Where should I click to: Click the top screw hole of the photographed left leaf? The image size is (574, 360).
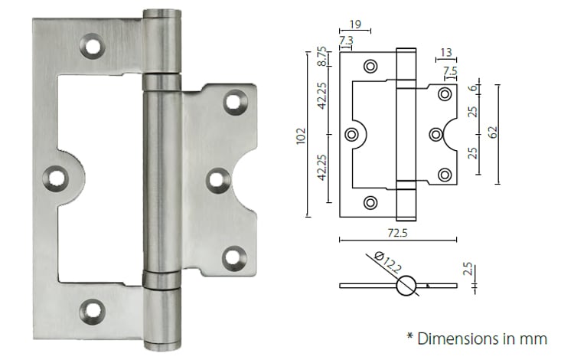tap(93, 47)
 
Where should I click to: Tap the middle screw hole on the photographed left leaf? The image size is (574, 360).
tap(55, 178)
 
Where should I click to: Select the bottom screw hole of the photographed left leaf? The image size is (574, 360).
tap(93, 310)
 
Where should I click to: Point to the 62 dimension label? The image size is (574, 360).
tap(493, 132)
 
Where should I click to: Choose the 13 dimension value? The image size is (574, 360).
tap(445, 53)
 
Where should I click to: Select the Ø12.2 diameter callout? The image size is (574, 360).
tap(387, 263)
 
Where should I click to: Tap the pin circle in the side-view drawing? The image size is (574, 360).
tap(406, 286)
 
